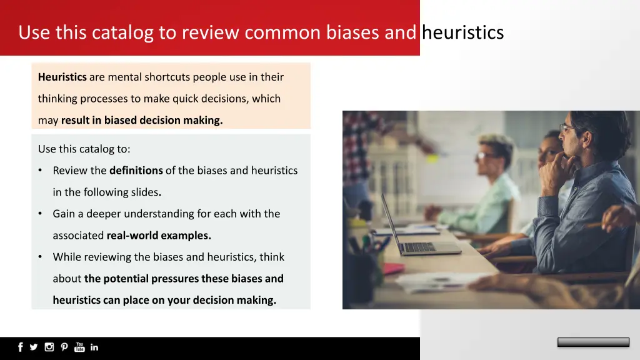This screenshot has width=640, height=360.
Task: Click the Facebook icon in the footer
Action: coord(21,347)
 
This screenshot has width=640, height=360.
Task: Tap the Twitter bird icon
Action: coord(34,347)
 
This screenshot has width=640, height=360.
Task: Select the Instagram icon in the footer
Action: coord(49,347)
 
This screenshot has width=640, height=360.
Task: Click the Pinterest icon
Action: coord(64,347)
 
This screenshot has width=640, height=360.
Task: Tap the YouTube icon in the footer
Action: coord(79,347)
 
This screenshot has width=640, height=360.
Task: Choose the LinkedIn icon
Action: coord(94,347)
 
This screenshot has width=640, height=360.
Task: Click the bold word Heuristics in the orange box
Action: coord(62,77)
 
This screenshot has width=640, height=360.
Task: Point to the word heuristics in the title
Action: coord(462,32)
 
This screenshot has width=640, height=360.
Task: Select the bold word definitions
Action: coord(136,170)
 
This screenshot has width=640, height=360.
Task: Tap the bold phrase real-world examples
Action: coord(159,236)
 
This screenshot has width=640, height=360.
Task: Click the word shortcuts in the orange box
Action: coord(167,77)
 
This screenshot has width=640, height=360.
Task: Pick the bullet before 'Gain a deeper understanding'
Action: coord(40,214)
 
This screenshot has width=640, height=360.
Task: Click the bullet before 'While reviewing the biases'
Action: coord(40,257)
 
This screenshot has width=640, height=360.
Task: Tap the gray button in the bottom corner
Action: coord(593,342)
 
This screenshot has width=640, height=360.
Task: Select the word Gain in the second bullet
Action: coord(64,214)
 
